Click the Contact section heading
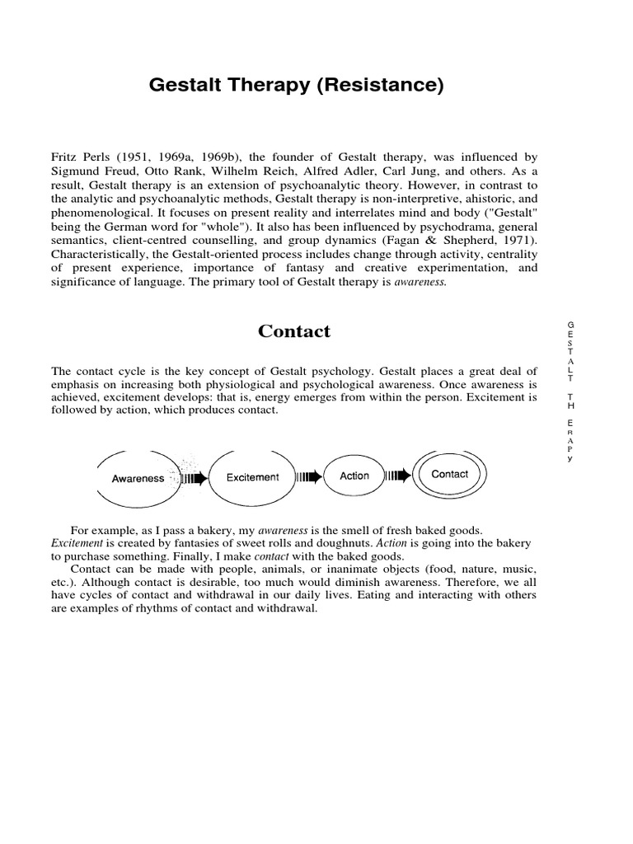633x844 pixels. coord(293,331)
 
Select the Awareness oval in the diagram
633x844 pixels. coord(138,478)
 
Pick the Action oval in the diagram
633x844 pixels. coord(354,476)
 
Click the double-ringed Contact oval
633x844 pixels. coord(449,474)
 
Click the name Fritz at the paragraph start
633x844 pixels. coord(64,156)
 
